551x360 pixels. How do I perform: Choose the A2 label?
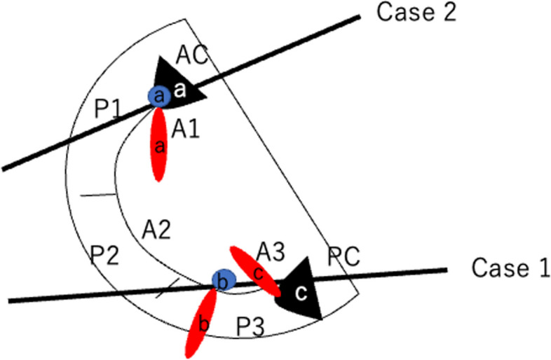pyautogui.click(x=156, y=228)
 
